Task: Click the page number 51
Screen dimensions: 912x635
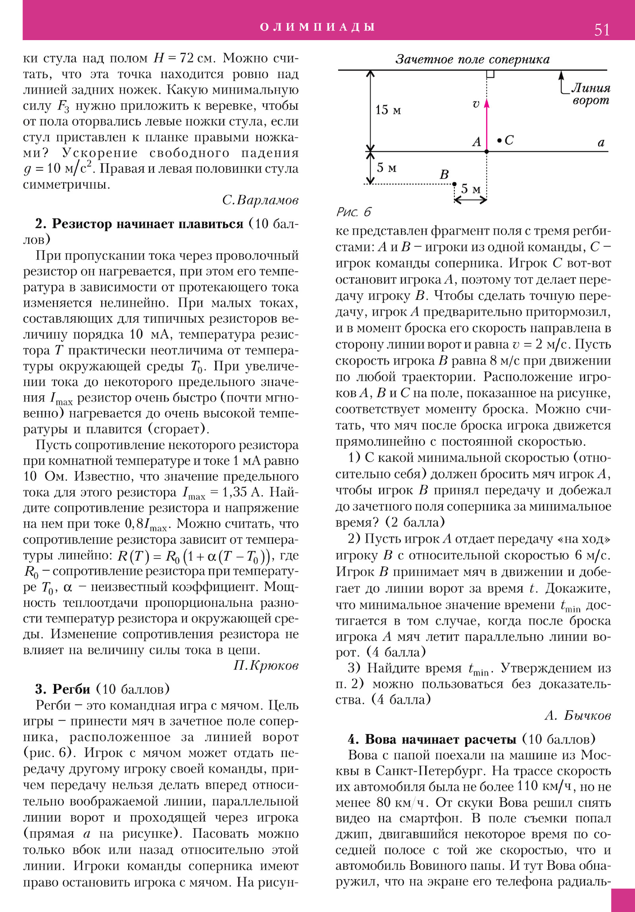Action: pos(602,30)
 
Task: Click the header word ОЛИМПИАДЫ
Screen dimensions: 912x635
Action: pos(317,27)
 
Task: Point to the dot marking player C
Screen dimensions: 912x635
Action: pos(499,140)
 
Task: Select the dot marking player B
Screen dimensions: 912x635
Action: pos(454,184)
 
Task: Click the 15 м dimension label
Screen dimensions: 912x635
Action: pos(388,110)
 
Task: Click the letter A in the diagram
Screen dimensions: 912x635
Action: pos(476,142)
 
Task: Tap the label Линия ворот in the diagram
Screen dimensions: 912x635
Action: pos(591,94)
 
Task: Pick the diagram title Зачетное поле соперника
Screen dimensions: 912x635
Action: pos(472,60)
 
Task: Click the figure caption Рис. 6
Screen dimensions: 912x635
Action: pos(354,212)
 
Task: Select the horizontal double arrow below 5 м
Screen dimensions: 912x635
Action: pos(471,200)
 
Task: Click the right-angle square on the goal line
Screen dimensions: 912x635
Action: pos(491,74)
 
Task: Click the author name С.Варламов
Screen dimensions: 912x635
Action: pos(260,200)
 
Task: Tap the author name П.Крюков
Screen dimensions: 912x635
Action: pos(266,665)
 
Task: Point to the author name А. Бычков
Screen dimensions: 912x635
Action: pos(577,715)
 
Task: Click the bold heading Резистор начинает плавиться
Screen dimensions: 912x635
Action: pos(147,224)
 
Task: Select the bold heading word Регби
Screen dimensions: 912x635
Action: pos(71,689)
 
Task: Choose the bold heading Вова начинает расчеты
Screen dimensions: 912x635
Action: pos(441,739)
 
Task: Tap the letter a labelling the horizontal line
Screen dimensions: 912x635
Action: pos(601,143)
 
